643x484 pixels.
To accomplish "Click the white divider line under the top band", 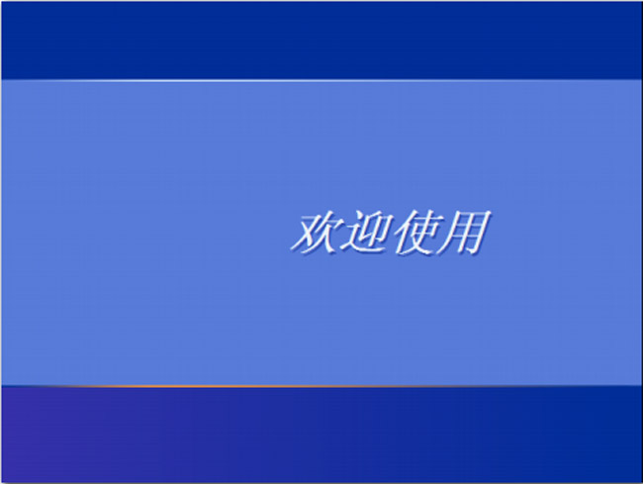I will tap(321, 79).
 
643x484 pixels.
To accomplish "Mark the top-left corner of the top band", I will tap(3, 3).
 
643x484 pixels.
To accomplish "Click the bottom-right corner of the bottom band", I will tap(639, 480).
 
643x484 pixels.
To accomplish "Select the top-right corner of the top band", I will tap(639, 3).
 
